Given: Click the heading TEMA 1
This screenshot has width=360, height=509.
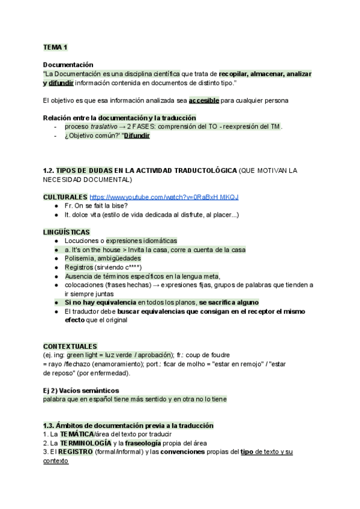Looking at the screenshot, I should pyautogui.click(x=55, y=47).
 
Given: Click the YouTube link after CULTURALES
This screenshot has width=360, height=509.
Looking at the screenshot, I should pyautogui.click(x=164, y=197).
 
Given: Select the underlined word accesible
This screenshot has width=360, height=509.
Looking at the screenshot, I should pyautogui.click(x=203, y=100).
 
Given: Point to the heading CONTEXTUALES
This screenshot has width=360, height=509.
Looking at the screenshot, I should pyautogui.click(x=70, y=346).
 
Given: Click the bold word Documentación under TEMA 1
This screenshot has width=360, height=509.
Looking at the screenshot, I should pyautogui.click(x=68, y=64).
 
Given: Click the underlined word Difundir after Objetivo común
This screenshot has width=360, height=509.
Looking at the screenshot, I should pyautogui.click(x=136, y=136).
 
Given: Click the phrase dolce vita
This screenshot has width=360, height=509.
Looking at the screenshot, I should pyautogui.click(x=88, y=214).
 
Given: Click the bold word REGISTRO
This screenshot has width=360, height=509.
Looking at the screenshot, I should pyautogui.click(x=76, y=452).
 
